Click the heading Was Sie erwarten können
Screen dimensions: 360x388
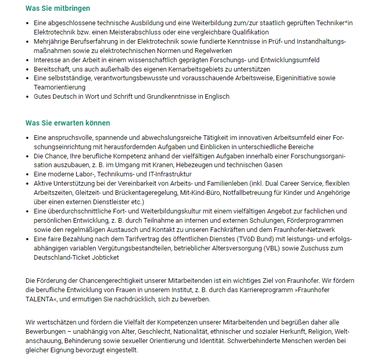(x=67, y=123)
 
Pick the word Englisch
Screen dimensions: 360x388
(x=216, y=97)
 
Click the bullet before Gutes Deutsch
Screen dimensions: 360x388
(x=28, y=97)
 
